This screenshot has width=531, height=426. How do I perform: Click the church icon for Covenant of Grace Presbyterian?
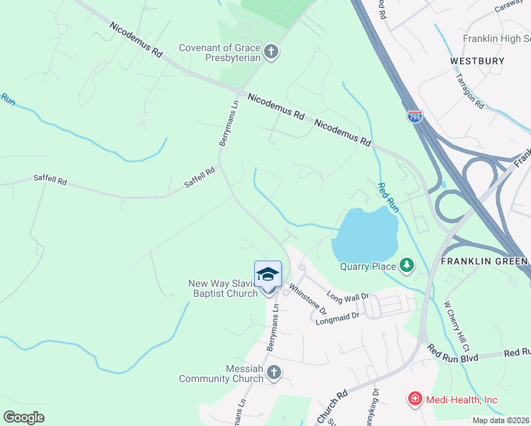[x=270, y=51]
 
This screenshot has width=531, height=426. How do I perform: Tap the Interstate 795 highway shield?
[x=415, y=116]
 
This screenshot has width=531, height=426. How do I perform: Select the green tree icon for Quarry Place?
[x=406, y=266]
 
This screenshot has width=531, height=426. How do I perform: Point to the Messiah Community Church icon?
[x=274, y=373]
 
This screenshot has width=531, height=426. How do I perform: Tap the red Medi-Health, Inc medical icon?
[x=415, y=400]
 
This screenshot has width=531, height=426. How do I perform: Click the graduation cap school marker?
[x=268, y=274]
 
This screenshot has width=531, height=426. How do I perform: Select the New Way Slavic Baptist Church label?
[x=223, y=288]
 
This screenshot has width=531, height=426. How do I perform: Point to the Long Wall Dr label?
[x=348, y=296]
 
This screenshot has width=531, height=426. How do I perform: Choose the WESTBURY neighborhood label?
[x=477, y=61]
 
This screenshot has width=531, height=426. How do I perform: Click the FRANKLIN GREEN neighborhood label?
[x=483, y=261]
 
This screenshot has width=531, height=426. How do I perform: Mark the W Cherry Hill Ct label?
[x=456, y=327]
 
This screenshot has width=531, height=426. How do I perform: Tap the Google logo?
[x=23, y=417]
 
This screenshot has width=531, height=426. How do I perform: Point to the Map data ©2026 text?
[x=500, y=420]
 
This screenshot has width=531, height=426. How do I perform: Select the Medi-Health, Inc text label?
[x=461, y=400]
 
